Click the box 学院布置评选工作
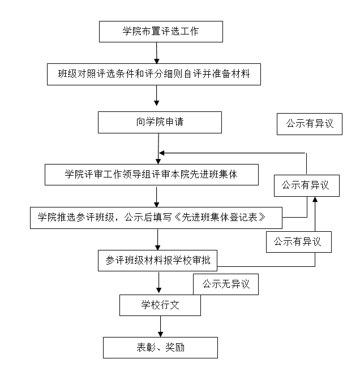tap(161, 32)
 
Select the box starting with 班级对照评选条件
tap(154, 73)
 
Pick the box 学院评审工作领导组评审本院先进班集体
tap(151, 175)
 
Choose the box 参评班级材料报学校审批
tap(157, 260)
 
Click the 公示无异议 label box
tap(225, 284)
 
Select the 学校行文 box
tap(160, 305)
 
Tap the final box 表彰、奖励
tap(160, 348)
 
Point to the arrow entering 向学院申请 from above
tap(157, 98)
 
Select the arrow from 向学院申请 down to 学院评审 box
tap(158, 149)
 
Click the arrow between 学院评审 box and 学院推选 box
tap(157, 196)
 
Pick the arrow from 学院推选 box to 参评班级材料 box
tap(157, 239)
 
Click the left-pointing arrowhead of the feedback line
tap(162, 153)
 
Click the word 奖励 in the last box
tap(174, 348)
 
